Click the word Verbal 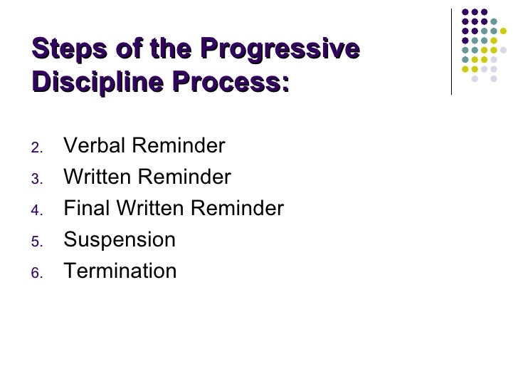[x=92, y=147]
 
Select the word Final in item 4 [x=83, y=209]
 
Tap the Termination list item [x=120, y=271]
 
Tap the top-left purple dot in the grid [x=465, y=12]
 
